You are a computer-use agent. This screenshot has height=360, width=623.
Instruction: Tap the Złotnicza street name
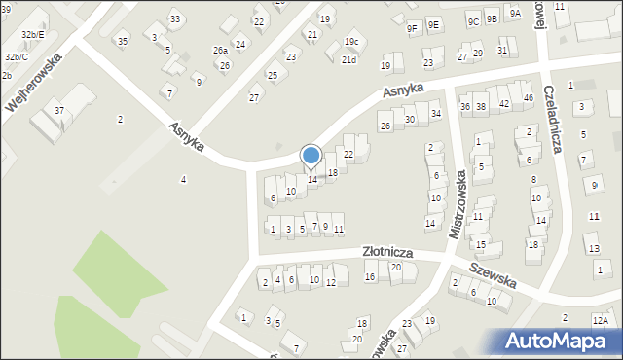387,252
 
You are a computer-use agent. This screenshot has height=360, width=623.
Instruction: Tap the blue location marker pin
311,157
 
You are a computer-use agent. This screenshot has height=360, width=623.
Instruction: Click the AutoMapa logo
561,342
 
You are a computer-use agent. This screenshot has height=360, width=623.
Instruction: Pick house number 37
59,111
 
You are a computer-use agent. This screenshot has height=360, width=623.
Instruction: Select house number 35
122,41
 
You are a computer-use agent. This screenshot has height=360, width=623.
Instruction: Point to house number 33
174,19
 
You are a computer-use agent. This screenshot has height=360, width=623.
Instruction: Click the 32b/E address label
32,34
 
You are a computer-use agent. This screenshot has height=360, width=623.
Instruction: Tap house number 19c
351,42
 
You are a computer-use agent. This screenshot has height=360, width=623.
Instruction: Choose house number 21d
348,60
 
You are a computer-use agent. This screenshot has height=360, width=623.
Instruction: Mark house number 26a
221,51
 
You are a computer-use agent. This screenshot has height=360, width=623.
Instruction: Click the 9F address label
412,27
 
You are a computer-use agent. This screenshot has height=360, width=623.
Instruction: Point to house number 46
528,98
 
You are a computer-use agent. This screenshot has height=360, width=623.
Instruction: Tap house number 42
504,103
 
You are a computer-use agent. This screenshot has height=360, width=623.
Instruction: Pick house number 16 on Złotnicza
370,277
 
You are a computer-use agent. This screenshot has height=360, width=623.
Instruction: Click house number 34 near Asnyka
436,114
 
